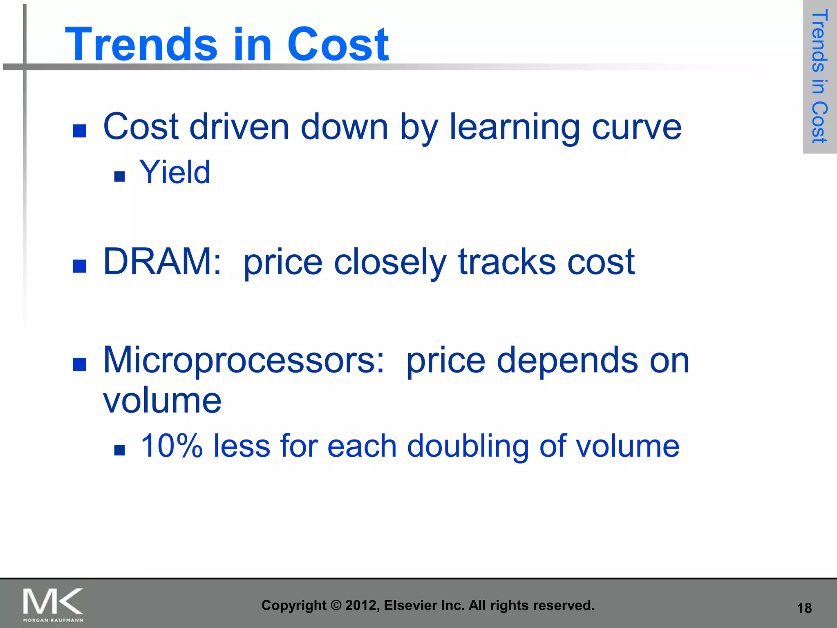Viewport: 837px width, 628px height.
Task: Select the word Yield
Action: pos(175,172)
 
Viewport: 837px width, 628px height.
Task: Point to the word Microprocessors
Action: pos(244,360)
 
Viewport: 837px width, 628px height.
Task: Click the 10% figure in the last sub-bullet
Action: pos(171,446)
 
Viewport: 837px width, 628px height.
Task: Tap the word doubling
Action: pos(468,446)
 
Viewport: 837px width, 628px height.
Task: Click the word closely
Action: pos(390,262)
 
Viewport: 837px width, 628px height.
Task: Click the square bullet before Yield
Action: pos(119,177)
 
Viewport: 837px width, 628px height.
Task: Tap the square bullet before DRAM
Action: pos(79,266)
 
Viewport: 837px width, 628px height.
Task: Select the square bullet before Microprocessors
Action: pos(79,364)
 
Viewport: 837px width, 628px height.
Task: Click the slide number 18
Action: pos(804,608)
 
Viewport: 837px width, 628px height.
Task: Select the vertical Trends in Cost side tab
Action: pos(819,77)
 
